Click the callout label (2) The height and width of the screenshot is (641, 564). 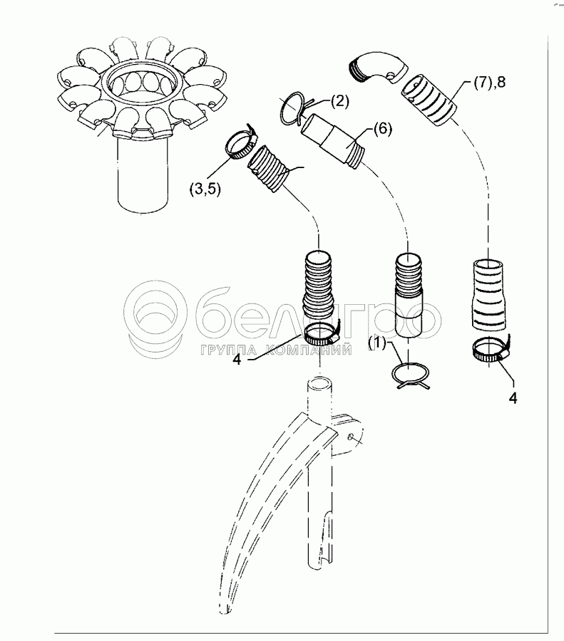[x=339, y=101]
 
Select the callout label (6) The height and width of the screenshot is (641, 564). [x=382, y=129]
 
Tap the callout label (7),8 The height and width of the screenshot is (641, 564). [x=489, y=83]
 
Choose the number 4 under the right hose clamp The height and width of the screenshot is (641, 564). [x=513, y=396]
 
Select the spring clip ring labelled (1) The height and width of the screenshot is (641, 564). [x=411, y=375]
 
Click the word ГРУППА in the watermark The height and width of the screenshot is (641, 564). [x=230, y=350]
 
